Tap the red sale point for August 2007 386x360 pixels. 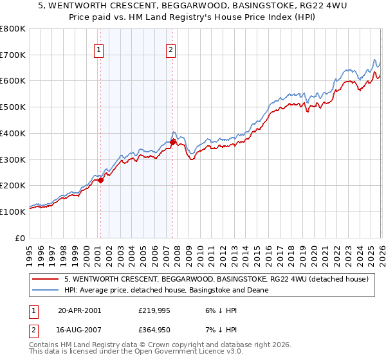[x=173, y=143]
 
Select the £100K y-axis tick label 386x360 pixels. [x=13, y=212]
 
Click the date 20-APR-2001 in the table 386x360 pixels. [x=79, y=310]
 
